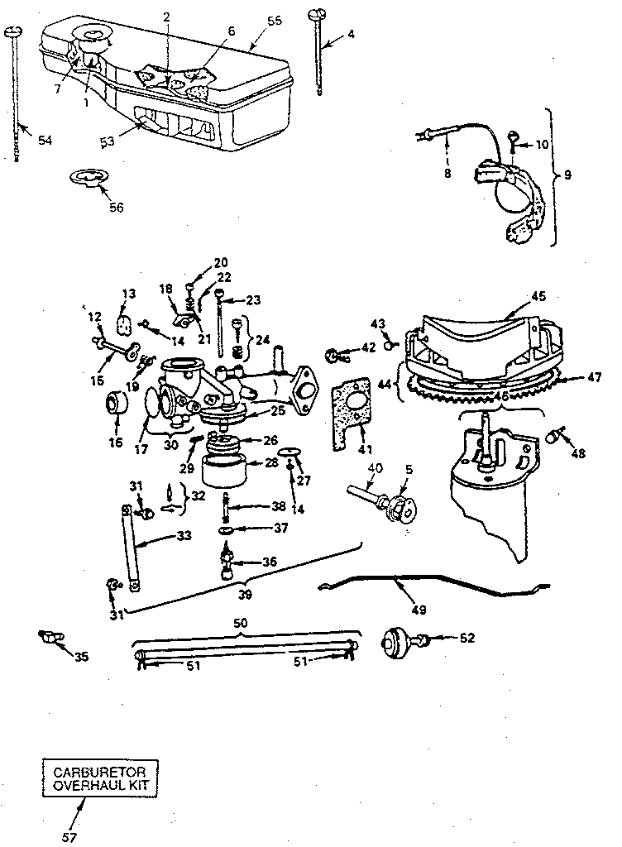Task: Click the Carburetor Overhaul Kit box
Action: (102, 777)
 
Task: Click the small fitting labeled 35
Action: (49, 638)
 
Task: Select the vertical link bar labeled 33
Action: (130, 547)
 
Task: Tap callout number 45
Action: (538, 295)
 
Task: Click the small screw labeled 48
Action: (558, 434)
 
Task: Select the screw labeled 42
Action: (337, 356)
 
